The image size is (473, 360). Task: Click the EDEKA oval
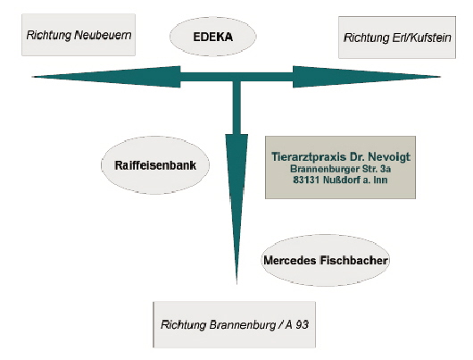pos(213,37)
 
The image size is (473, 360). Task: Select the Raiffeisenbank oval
pos(155,165)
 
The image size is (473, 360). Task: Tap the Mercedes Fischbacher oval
pos(326,260)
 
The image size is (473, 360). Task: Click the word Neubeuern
pos(103,35)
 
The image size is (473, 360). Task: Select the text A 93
pos(297,324)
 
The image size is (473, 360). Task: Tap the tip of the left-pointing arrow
pos(32,77)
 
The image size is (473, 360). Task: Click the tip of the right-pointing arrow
pos(440,77)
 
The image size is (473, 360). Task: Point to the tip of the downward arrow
pos(236,284)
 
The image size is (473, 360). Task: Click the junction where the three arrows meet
pos(236,77)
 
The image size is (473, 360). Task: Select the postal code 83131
pos(306,180)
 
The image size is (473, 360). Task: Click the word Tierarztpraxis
pos(308,156)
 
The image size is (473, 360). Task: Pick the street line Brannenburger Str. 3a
pos(340,169)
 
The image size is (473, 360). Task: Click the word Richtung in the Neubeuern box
pos(49,35)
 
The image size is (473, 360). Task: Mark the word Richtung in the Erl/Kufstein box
pos(367,38)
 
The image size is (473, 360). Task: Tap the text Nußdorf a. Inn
pos(355,180)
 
